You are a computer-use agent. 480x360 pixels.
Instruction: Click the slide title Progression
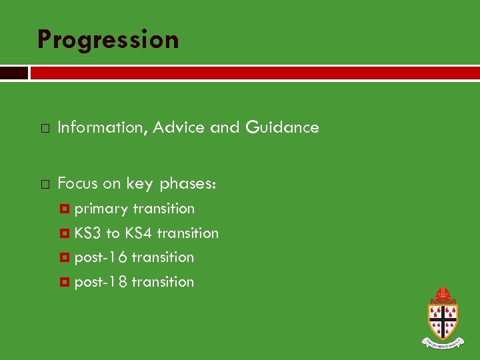[108, 40]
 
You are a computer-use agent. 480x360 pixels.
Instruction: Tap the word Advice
[179, 127]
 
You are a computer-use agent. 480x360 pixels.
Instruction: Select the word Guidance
[283, 127]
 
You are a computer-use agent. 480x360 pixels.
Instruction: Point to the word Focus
[78, 183]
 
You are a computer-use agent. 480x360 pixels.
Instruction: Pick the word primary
[101, 209]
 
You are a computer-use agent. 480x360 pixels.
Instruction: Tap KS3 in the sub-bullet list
[88, 233]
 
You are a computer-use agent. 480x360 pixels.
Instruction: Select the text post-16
[101, 257]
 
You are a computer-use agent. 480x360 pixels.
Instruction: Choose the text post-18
[101, 282]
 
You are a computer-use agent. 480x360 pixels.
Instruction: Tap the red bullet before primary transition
[65, 209]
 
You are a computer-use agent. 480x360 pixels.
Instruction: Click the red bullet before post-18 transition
[65, 282]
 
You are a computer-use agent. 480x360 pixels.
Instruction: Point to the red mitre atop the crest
[442, 294]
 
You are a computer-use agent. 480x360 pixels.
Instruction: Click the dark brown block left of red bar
[13, 73]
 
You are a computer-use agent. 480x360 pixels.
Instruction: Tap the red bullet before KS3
[65, 233]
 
